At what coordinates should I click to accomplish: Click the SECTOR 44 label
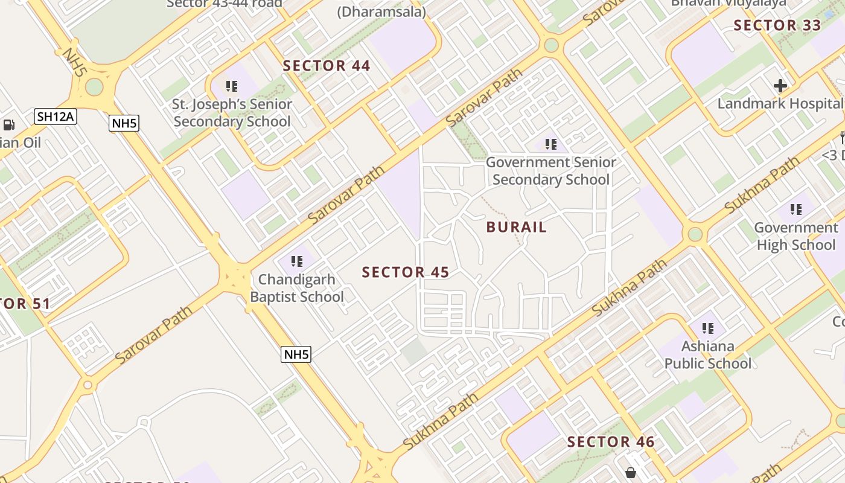[327, 66]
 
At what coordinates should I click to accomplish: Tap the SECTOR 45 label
[406, 272]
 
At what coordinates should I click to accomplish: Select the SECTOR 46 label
[611, 442]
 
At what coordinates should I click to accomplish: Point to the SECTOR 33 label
[777, 25]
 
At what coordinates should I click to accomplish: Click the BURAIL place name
[517, 228]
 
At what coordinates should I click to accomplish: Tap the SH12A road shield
[56, 116]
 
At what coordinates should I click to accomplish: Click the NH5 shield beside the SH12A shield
[124, 124]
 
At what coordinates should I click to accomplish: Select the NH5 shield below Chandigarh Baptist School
[296, 354]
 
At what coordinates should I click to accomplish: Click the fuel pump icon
[9, 125]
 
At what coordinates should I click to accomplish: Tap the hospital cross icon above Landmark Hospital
[780, 86]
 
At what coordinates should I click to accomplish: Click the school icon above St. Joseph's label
[232, 86]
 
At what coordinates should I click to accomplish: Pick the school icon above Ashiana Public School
[708, 328]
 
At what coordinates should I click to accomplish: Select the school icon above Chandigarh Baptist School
[296, 261]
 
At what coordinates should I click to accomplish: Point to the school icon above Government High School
[796, 210]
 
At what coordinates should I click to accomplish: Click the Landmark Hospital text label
[779, 103]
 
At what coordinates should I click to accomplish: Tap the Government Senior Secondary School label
[551, 171]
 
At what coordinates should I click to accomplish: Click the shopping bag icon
[631, 472]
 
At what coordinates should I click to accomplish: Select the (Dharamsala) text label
[381, 11]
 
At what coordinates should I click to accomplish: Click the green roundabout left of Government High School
[695, 234]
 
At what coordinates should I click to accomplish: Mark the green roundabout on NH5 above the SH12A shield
[94, 87]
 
